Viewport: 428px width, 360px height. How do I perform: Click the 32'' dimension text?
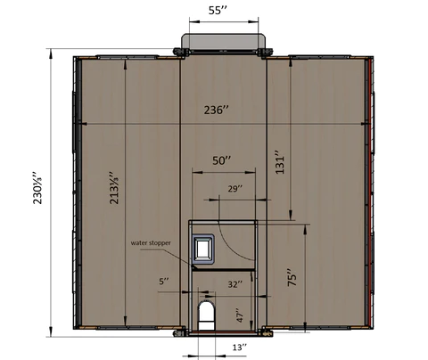pos(235,284)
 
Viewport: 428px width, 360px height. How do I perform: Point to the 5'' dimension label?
pos(163,282)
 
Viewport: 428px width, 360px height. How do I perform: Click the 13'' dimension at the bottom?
pos(239,346)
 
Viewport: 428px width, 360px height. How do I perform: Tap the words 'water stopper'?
pos(151,242)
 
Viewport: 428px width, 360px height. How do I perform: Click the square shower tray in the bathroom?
pos(204,247)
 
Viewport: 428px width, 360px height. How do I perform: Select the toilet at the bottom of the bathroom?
pos(207,313)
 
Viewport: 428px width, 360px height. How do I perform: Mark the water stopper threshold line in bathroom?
pos(223,266)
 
